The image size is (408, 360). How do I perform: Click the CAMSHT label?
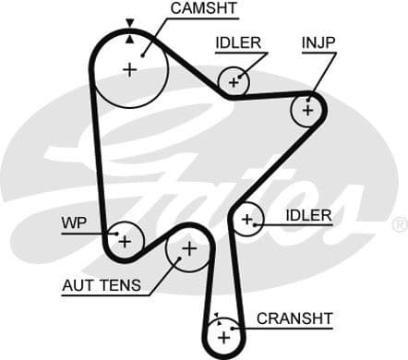pyautogui.click(x=203, y=8)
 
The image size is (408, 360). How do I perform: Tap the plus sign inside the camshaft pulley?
pyautogui.click(x=129, y=69)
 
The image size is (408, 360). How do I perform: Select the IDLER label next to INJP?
pyautogui.click(x=238, y=42)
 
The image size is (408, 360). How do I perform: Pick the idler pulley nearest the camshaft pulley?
pyautogui.click(x=234, y=83)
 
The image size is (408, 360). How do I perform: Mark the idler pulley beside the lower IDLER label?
pyautogui.click(x=246, y=219)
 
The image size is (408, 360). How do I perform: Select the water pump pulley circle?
pyautogui.click(x=123, y=241)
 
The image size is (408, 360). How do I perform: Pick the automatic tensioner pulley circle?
pyautogui.click(x=188, y=248)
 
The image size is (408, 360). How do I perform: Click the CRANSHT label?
pyautogui.click(x=294, y=318)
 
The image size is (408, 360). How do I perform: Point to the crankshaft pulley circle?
pyautogui.click(x=222, y=337)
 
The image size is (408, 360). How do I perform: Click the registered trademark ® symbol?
pyautogui.click(x=399, y=224)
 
